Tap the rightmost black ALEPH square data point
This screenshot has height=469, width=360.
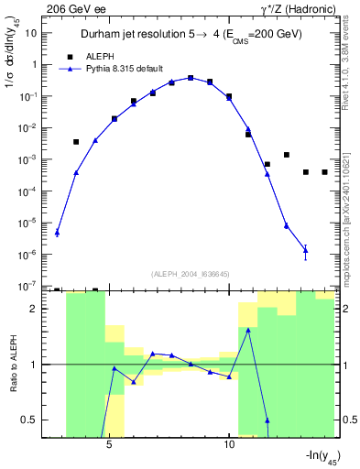click(x=324, y=172)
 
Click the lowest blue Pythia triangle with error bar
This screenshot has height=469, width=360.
click(x=305, y=250)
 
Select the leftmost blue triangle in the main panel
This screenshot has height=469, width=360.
click(x=57, y=232)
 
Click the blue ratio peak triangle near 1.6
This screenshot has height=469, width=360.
click(x=248, y=330)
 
